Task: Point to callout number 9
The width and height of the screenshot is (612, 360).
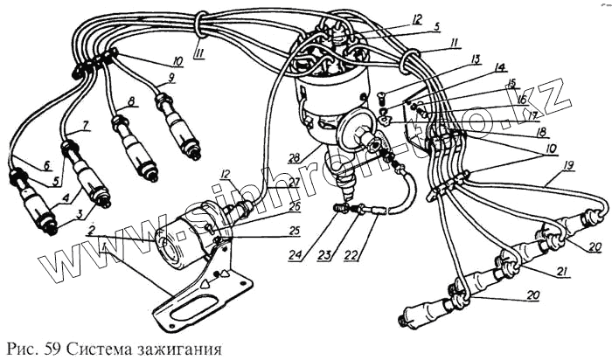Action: pos(171,78)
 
